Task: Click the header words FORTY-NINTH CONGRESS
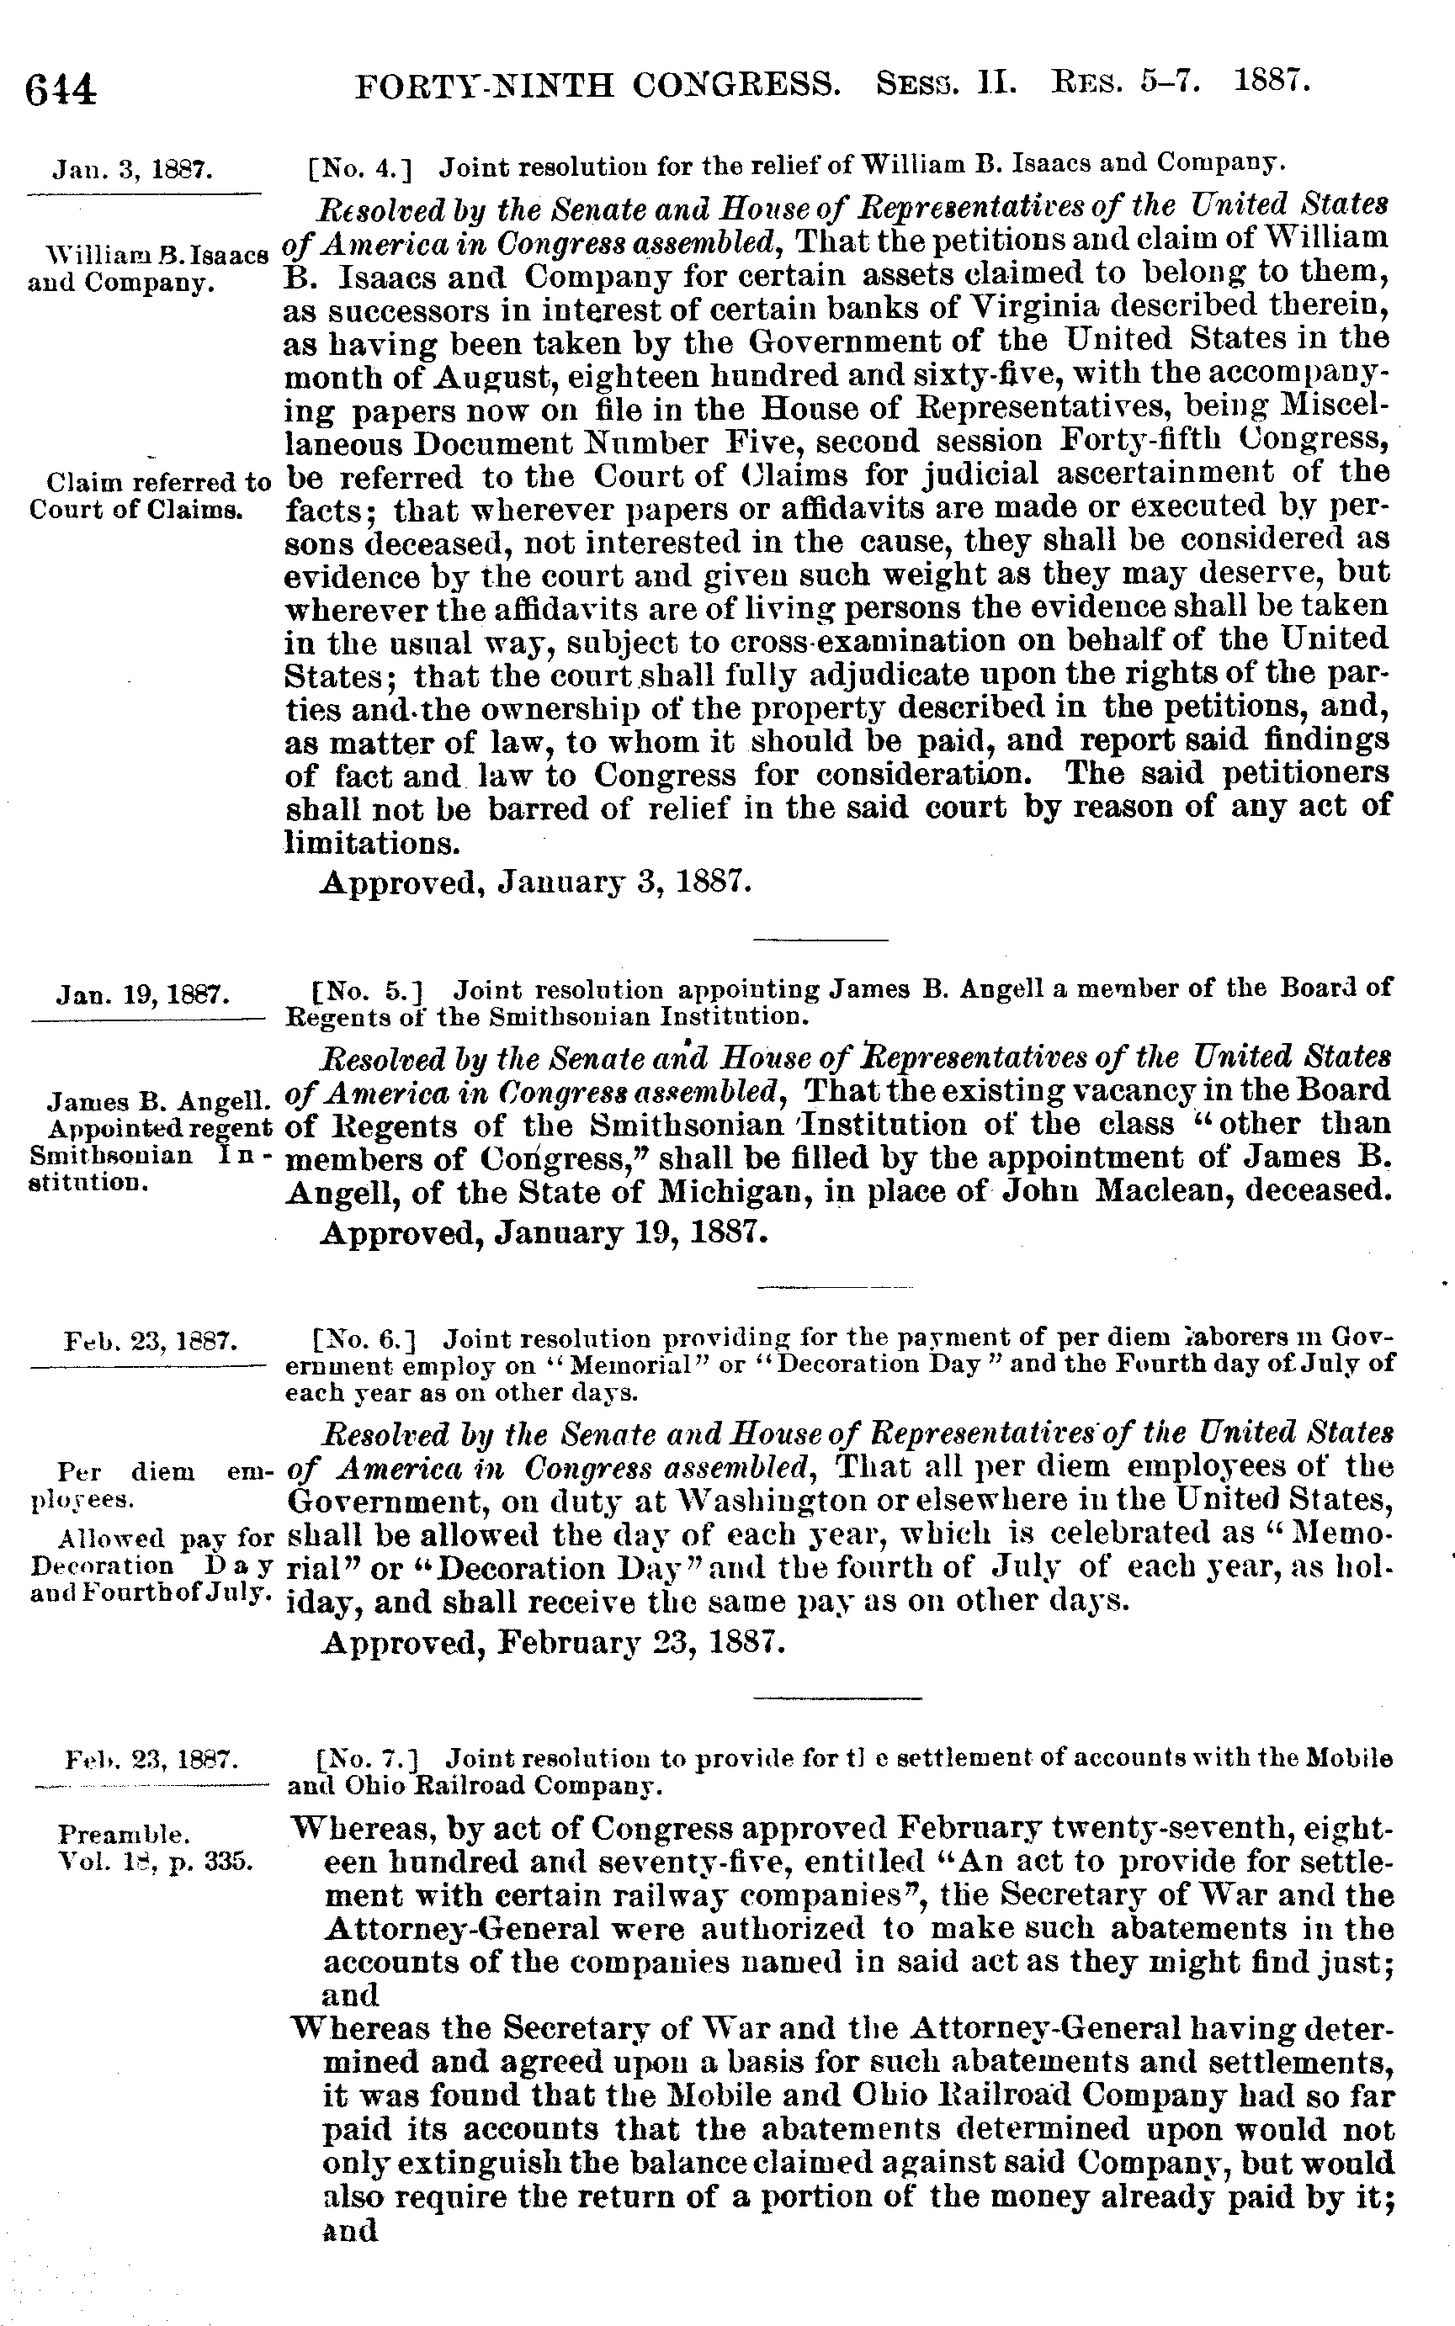pyautogui.click(x=597, y=87)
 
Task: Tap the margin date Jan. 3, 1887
pyautogui.click(x=133, y=172)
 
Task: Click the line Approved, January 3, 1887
pyautogui.click(x=535, y=882)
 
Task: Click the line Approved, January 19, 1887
pyautogui.click(x=544, y=1232)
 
